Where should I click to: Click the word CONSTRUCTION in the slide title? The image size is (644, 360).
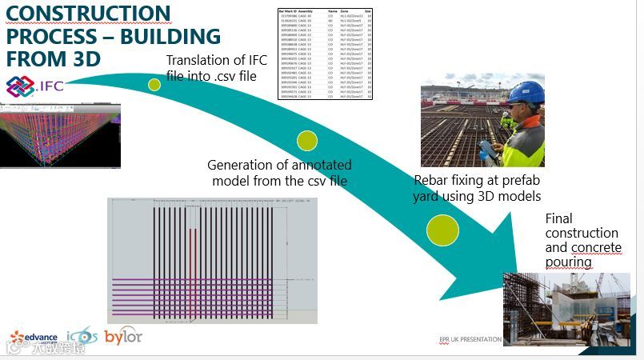click(x=89, y=13)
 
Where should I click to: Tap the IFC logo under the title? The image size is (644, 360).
click(x=36, y=87)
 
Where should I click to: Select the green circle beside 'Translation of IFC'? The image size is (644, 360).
click(x=154, y=84)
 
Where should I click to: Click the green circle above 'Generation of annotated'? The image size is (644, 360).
click(x=307, y=141)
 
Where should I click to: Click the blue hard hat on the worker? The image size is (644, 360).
click(x=526, y=92)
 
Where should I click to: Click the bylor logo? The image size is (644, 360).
click(x=124, y=337)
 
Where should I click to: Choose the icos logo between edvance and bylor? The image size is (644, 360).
click(x=82, y=337)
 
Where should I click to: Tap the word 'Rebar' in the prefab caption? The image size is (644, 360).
click(x=432, y=181)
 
